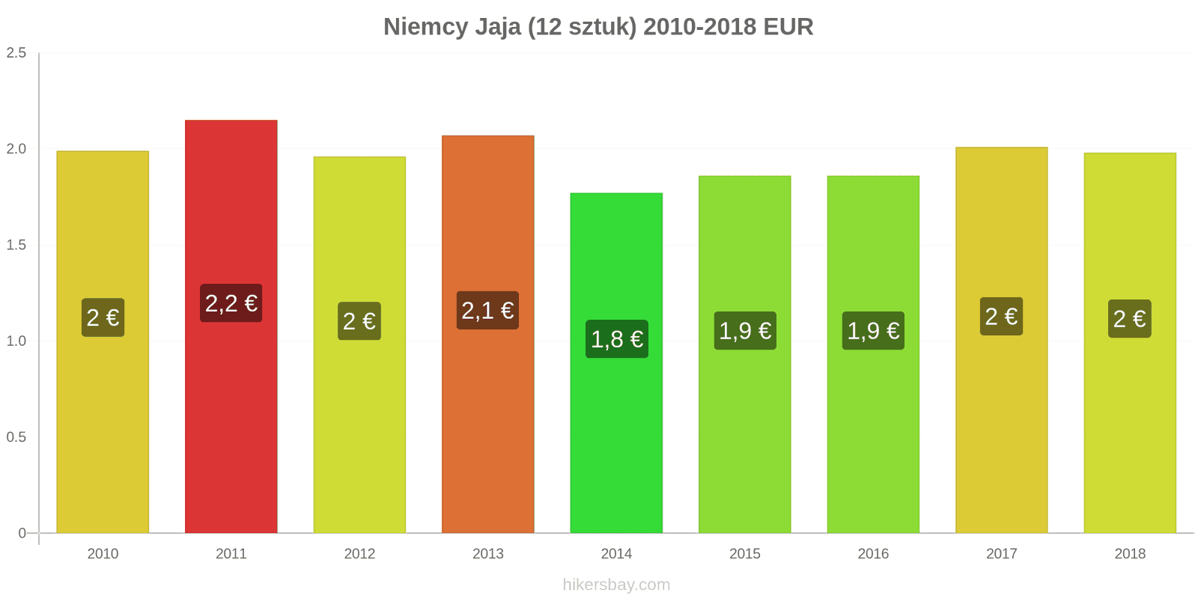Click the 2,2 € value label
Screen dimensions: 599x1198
(x=231, y=303)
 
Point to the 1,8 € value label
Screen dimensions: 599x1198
(x=616, y=339)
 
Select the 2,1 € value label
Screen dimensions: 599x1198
(x=487, y=310)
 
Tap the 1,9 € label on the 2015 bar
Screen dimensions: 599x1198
(x=745, y=331)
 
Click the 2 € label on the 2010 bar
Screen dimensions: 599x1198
(x=103, y=317)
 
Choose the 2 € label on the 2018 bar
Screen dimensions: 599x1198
(x=1129, y=319)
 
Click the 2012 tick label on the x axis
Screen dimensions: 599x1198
(x=359, y=554)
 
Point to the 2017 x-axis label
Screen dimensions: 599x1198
(x=1001, y=554)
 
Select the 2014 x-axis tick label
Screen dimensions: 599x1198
(x=616, y=554)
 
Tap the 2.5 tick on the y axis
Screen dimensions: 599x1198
(x=16, y=53)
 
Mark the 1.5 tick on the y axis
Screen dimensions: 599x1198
(x=16, y=246)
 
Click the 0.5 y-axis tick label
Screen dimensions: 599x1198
(x=16, y=437)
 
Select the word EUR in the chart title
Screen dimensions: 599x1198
(x=788, y=27)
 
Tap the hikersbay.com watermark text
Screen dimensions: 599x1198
(x=616, y=585)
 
